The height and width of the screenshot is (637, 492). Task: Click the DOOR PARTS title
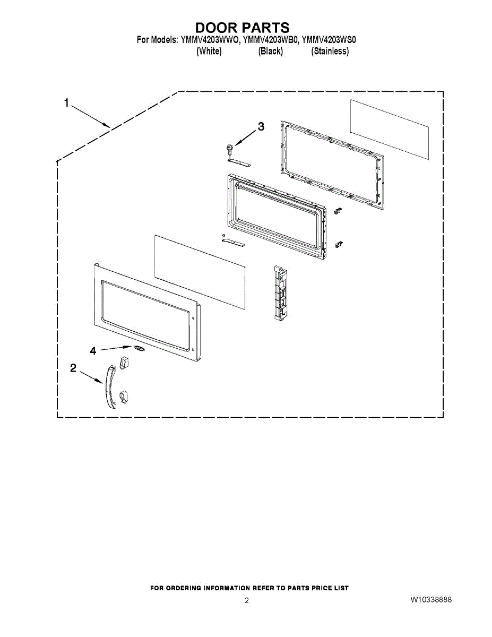(x=243, y=28)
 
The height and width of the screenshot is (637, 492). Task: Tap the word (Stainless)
(x=330, y=51)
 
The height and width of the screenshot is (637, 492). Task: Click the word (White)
(x=209, y=51)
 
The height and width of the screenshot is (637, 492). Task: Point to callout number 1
(x=67, y=103)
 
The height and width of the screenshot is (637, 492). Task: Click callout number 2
(x=73, y=368)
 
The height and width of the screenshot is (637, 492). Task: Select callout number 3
(x=261, y=126)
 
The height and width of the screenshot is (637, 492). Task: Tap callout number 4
(x=93, y=350)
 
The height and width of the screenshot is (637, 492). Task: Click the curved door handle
(x=110, y=386)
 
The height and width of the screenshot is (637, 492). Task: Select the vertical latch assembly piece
(x=280, y=292)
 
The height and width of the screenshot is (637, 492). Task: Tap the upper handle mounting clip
(x=124, y=362)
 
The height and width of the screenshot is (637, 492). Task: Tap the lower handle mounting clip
(x=124, y=397)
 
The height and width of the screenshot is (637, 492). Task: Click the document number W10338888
(x=431, y=599)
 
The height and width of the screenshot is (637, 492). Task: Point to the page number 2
(x=247, y=600)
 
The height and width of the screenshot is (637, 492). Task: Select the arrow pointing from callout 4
(x=116, y=348)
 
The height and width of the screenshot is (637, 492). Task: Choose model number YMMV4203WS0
(x=329, y=40)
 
